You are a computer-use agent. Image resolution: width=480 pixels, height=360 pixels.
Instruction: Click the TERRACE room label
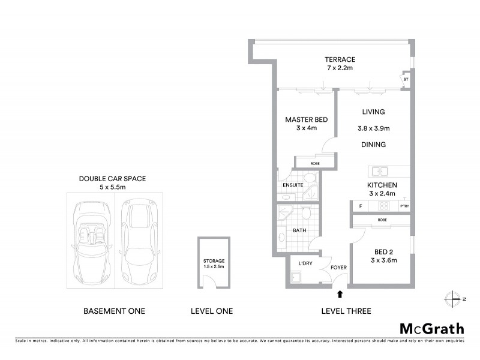[x=340, y=59]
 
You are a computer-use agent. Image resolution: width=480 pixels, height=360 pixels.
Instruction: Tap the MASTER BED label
[x=306, y=120]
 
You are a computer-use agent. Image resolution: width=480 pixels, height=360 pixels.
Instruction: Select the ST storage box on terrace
[x=406, y=79]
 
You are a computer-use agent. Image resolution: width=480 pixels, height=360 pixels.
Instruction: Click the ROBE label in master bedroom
[x=314, y=163]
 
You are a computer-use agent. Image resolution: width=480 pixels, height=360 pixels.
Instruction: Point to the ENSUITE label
[x=292, y=185]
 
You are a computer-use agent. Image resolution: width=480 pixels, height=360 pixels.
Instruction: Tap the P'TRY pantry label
[x=404, y=206]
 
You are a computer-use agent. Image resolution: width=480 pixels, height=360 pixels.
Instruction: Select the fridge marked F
[x=360, y=206]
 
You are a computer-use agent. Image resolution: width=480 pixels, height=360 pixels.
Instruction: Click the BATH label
[x=299, y=230]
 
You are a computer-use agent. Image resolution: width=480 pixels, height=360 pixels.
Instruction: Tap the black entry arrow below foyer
[x=341, y=294]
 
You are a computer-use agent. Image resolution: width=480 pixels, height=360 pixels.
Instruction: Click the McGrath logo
[x=431, y=328]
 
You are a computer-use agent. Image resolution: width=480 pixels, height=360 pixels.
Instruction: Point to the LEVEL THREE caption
[x=346, y=311]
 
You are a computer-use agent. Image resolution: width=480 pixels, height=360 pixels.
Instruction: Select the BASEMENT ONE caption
[x=113, y=311]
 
